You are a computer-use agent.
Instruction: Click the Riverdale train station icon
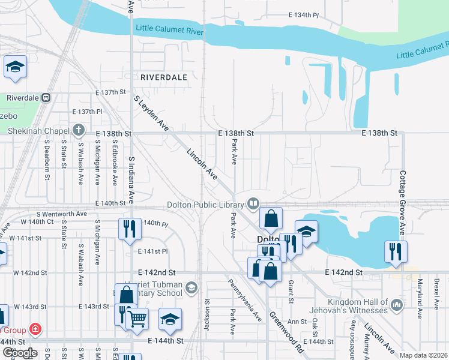46,98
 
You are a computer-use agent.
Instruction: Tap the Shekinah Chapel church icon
78,130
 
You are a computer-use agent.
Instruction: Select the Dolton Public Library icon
255,205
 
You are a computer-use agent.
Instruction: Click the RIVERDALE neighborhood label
164,77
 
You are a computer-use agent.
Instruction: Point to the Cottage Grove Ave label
403,196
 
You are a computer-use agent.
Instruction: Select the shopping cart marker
137,319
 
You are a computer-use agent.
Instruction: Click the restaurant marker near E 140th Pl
130,229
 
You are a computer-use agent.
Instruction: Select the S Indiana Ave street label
132,180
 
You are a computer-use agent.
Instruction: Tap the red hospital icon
35,329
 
